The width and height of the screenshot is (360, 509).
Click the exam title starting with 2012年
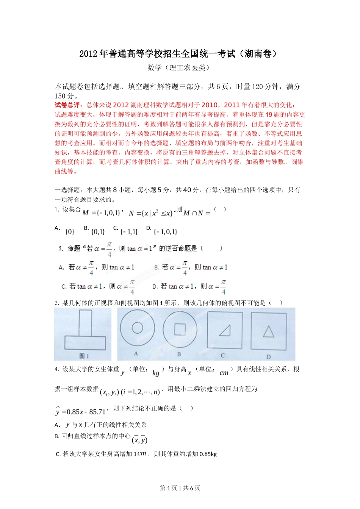click(x=178, y=54)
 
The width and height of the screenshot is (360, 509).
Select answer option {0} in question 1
click(x=70, y=231)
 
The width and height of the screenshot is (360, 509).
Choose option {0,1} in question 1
click(x=98, y=231)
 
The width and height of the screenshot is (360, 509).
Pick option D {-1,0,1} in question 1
click(x=166, y=231)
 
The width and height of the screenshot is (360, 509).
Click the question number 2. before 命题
click(x=61, y=248)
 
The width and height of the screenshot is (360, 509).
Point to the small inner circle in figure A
click(x=137, y=328)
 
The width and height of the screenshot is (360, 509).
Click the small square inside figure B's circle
click(x=180, y=329)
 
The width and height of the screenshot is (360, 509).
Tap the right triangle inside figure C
click(x=225, y=331)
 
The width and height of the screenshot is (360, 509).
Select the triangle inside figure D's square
click(x=269, y=332)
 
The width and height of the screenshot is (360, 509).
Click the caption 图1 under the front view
click(x=84, y=356)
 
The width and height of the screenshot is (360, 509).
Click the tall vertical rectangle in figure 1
click(x=85, y=322)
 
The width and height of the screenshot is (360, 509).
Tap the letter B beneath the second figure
click(x=179, y=354)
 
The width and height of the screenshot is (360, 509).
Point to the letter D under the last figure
click(x=269, y=357)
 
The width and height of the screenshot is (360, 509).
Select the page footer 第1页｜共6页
click(x=180, y=488)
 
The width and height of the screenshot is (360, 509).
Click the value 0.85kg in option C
click(x=208, y=454)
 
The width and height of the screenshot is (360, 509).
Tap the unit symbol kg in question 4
click(x=156, y=373)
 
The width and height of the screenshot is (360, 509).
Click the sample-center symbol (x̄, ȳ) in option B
click(x=139, y=440)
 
